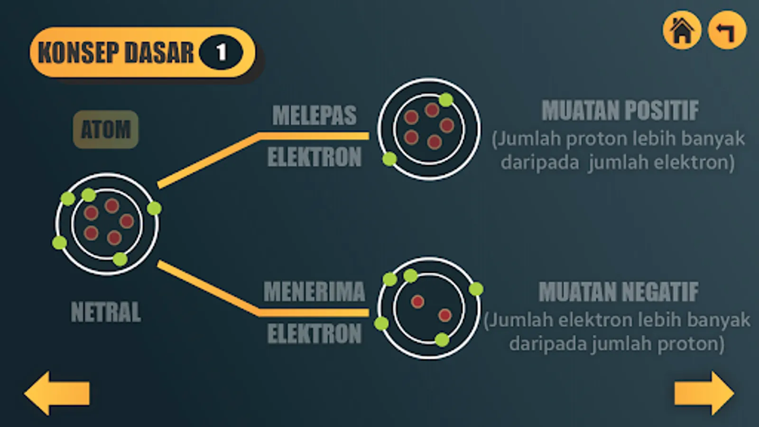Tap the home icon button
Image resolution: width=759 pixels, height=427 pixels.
tap(682, 30)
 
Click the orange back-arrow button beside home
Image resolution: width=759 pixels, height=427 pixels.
tap(727, 30)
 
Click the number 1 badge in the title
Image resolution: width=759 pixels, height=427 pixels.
tap(221, 52)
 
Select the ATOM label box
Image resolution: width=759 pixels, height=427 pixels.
tap(105, 130)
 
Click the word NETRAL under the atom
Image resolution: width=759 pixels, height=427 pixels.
tap(106, 312)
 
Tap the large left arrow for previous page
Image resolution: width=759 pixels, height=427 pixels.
tap(56, 393)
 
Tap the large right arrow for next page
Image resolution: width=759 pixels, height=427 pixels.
tap(704, 393)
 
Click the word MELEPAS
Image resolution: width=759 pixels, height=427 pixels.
tap(314, 115)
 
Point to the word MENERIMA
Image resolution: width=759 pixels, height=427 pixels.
tap(314, 291)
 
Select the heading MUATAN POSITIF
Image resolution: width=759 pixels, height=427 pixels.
tap(620, 111)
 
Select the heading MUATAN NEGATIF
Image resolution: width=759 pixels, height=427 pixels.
tap(619, 292)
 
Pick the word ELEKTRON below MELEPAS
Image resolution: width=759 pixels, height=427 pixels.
tap(314, 157)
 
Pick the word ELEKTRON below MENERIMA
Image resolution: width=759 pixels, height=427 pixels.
tap(314, 334)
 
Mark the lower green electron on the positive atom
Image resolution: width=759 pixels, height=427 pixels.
tap(389, 159)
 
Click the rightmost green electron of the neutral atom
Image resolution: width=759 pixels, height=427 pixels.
tap(154, 208)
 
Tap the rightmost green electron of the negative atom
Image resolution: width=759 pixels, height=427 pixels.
tap(476, 289)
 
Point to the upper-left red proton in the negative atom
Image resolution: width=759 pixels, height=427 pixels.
tap(417, 301)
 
